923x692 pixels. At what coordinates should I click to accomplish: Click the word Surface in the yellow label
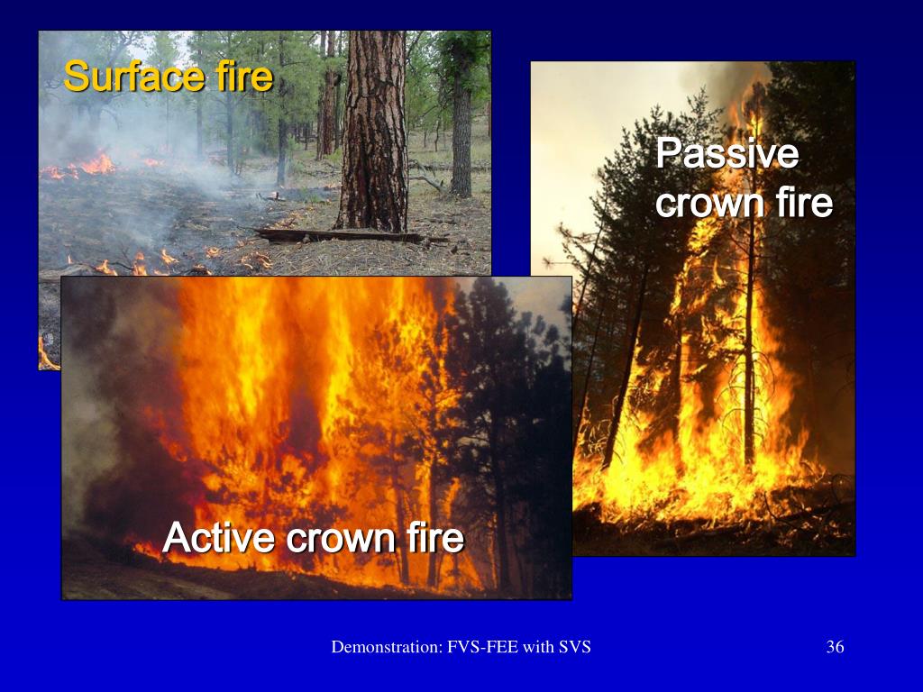[122, 77]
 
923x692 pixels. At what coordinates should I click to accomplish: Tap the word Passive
[727, 153]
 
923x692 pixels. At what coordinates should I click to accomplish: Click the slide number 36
[835, 646]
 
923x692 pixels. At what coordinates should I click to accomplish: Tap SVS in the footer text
[575, 646]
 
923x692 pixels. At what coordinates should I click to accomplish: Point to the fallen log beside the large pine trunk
[343, 235]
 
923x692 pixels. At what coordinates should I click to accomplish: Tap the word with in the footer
[540, 646]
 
